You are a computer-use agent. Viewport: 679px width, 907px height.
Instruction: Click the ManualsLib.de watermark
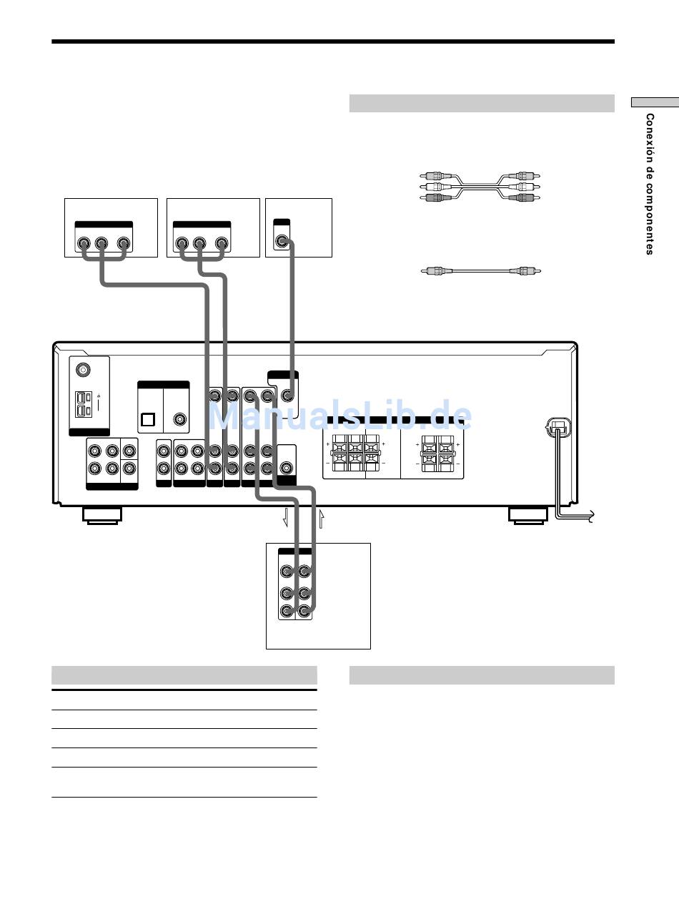tap(340, 416)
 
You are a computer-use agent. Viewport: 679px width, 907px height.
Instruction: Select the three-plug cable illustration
tap(480, 187)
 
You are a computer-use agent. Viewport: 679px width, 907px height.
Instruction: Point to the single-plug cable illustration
tap(480, 271)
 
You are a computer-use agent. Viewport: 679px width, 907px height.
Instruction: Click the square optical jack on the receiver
tap(148, 419)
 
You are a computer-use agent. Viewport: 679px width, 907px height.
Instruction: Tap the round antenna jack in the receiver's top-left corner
tap(84, 369)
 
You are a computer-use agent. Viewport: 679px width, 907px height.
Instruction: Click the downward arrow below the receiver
tap(285, 518)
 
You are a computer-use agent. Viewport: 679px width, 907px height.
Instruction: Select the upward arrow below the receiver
tap(322, 519)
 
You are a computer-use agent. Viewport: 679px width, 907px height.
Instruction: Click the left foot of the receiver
tap(102, 516)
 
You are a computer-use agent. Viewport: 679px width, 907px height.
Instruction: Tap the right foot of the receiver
tap(528, 516)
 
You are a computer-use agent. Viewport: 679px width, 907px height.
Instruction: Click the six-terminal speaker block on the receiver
tap(355, 453)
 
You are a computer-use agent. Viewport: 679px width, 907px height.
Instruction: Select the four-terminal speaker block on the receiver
tap(437, 453)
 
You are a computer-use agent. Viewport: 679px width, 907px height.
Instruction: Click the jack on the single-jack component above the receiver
tap(282, 241)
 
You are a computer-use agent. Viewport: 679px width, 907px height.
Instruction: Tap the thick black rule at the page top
tap(333, 41)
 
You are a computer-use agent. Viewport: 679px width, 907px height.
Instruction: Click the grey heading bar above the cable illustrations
tap(482, 103)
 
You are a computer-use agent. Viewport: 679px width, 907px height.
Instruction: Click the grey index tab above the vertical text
tap(655, 102)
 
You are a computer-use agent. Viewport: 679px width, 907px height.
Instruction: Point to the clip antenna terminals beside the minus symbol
tap(83, 405)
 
